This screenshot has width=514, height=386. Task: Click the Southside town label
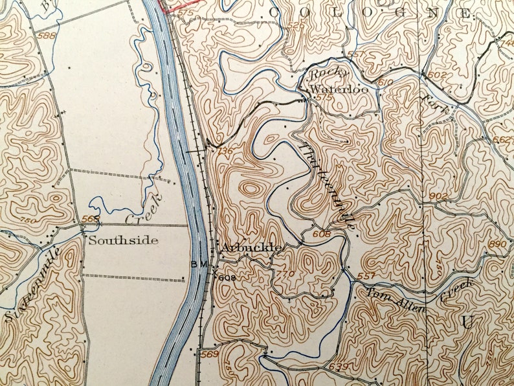123,240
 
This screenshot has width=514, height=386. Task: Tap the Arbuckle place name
251,247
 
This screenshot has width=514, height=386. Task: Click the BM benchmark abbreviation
198,264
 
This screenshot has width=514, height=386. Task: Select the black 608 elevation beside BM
225,278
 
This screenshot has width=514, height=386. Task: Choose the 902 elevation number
438,196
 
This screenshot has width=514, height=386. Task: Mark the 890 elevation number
498,244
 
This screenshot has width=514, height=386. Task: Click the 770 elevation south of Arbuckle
287,273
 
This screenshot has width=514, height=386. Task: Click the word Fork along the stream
431,104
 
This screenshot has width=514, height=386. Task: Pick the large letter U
467,322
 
